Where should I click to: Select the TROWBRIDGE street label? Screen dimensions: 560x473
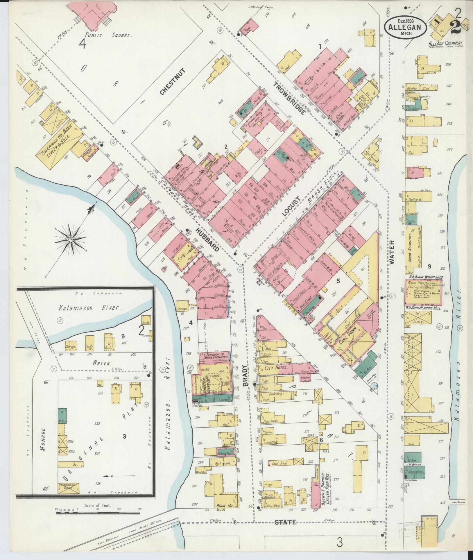click(289, 98)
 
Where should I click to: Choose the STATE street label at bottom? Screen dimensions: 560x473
click(286, 522)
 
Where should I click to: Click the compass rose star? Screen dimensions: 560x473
click(71, 239)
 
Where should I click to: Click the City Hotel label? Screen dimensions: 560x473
click(276, 368)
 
